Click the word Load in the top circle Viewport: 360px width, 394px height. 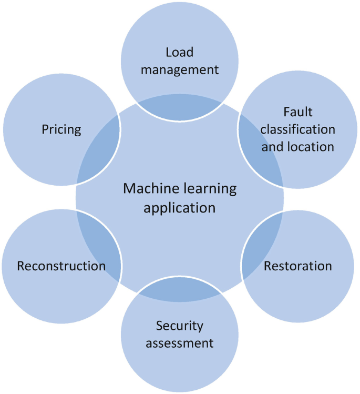180,52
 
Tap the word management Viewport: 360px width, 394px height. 180,69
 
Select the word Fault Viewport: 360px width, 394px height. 297,112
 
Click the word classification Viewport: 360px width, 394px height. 297,129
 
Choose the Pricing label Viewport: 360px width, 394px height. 61,129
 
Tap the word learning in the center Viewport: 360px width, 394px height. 208,188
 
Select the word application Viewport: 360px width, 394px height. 180,207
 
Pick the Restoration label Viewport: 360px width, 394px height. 297,266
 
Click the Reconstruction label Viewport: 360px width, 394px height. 61,266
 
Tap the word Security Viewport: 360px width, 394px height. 180,326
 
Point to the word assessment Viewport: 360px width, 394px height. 180,344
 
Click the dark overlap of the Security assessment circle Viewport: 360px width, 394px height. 180,292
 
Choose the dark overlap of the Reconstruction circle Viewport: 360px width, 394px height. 97,247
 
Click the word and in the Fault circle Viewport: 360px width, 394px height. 271,146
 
